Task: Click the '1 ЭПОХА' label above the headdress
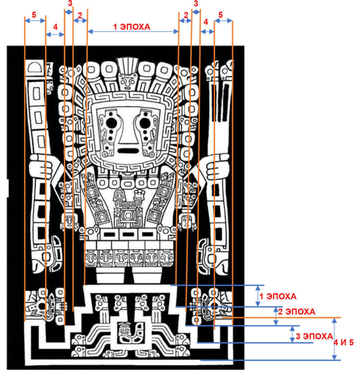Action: point(132,27)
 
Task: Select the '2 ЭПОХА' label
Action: point(297,312)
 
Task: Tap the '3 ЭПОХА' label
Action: point(314,336)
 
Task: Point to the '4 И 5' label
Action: point(344,342)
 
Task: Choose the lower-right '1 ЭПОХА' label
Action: point(278,296)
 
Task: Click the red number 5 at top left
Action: point(34,15)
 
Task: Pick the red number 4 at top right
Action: point(206,22)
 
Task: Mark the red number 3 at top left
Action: point(70,3)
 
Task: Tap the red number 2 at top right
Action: point(186,15)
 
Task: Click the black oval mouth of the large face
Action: point(129,151)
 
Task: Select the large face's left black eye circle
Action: point(111,123)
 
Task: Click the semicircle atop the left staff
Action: point(35,67)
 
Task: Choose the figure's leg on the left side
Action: point(110,276)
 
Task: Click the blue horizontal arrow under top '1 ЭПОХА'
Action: point(133,31)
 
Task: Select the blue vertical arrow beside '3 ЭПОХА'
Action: point(292,334)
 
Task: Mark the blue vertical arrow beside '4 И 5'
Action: point(334,338)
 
